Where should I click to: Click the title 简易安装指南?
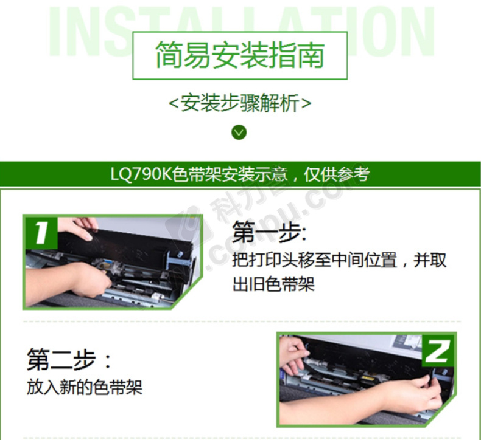[x=240, y=55]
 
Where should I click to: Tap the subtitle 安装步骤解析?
[x=240, y=103]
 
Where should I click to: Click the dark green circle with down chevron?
[x=239, y=132]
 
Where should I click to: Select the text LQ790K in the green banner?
[x=141, y=174]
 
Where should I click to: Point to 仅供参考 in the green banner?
[x=337, y=174]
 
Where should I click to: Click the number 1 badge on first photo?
[x=41, y=233]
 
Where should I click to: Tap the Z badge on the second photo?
[x=437, y=351]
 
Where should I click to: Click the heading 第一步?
[x=269, y=232]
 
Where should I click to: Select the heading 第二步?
[x=69, y=359]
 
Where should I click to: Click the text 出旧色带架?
[x=273, y=284]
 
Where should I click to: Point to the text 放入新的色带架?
[x=85, y=387]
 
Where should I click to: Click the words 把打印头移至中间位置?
[x=314, y=260]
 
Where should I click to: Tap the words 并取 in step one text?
[x=430, y=260]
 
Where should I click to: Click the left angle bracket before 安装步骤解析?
[x=174, y=103]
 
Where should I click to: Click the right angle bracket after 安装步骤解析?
[x=306, y=103]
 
